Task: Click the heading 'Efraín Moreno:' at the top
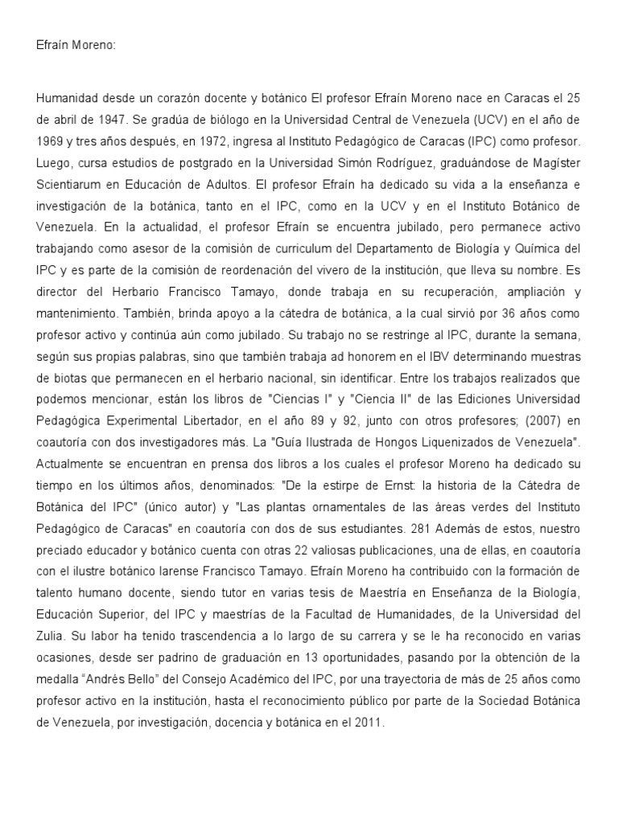coord(76,47)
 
